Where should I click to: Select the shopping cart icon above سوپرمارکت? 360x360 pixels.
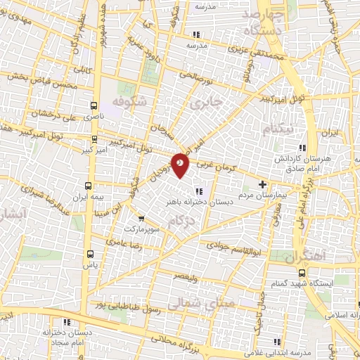tap(143, 218)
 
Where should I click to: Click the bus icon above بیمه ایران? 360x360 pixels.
tap(89, 186)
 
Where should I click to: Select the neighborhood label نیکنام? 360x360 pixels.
tap(276, 129)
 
